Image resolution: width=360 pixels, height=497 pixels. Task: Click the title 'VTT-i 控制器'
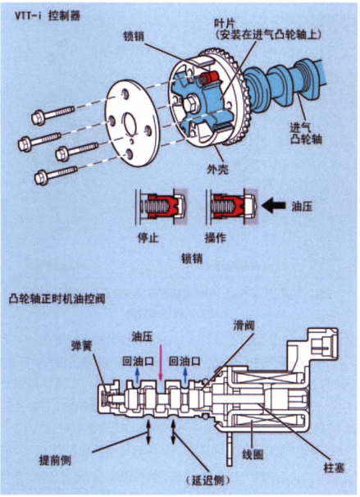pos(48,16)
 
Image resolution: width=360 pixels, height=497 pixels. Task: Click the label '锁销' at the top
pos(134,35)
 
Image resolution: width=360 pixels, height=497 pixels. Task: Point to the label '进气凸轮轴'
pos(306,134)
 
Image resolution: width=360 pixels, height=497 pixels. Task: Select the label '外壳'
pos(217,170)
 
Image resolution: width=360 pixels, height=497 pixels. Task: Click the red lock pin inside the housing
pos(208,78)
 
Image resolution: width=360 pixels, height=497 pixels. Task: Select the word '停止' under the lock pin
pos(148,237)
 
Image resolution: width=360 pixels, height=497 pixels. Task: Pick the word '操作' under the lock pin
pos(216,237)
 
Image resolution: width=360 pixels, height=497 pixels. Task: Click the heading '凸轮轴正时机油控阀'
pos(57,299)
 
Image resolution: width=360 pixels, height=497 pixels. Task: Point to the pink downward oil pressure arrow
pos(161,362)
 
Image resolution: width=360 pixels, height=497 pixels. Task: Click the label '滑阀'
pos(244,326)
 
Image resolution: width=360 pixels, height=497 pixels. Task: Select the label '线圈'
pos(253,454)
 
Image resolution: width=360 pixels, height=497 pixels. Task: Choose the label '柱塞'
pos(334,467)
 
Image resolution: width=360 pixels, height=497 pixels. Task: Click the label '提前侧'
pos(55,460)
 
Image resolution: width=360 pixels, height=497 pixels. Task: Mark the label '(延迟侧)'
pos(208,481)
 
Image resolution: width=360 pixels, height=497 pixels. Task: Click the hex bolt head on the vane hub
pos(192,105)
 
